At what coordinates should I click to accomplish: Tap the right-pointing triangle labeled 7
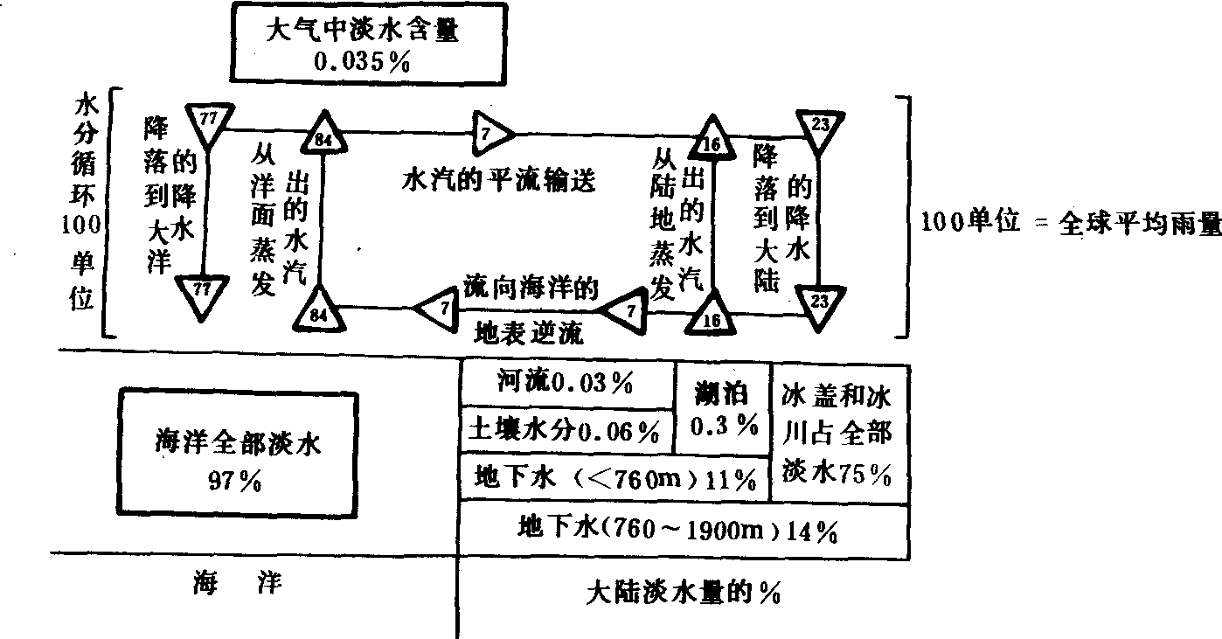[490, 133]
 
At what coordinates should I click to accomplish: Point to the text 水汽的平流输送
[499, 181]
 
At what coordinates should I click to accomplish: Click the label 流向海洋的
[531, 289]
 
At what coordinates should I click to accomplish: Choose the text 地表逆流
[529, 333]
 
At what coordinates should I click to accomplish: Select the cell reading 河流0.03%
[565, 384]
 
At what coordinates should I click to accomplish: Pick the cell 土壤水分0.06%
[565, 430]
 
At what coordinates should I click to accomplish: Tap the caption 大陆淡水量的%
[683, 594]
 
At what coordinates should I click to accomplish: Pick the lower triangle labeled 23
[819, 302]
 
